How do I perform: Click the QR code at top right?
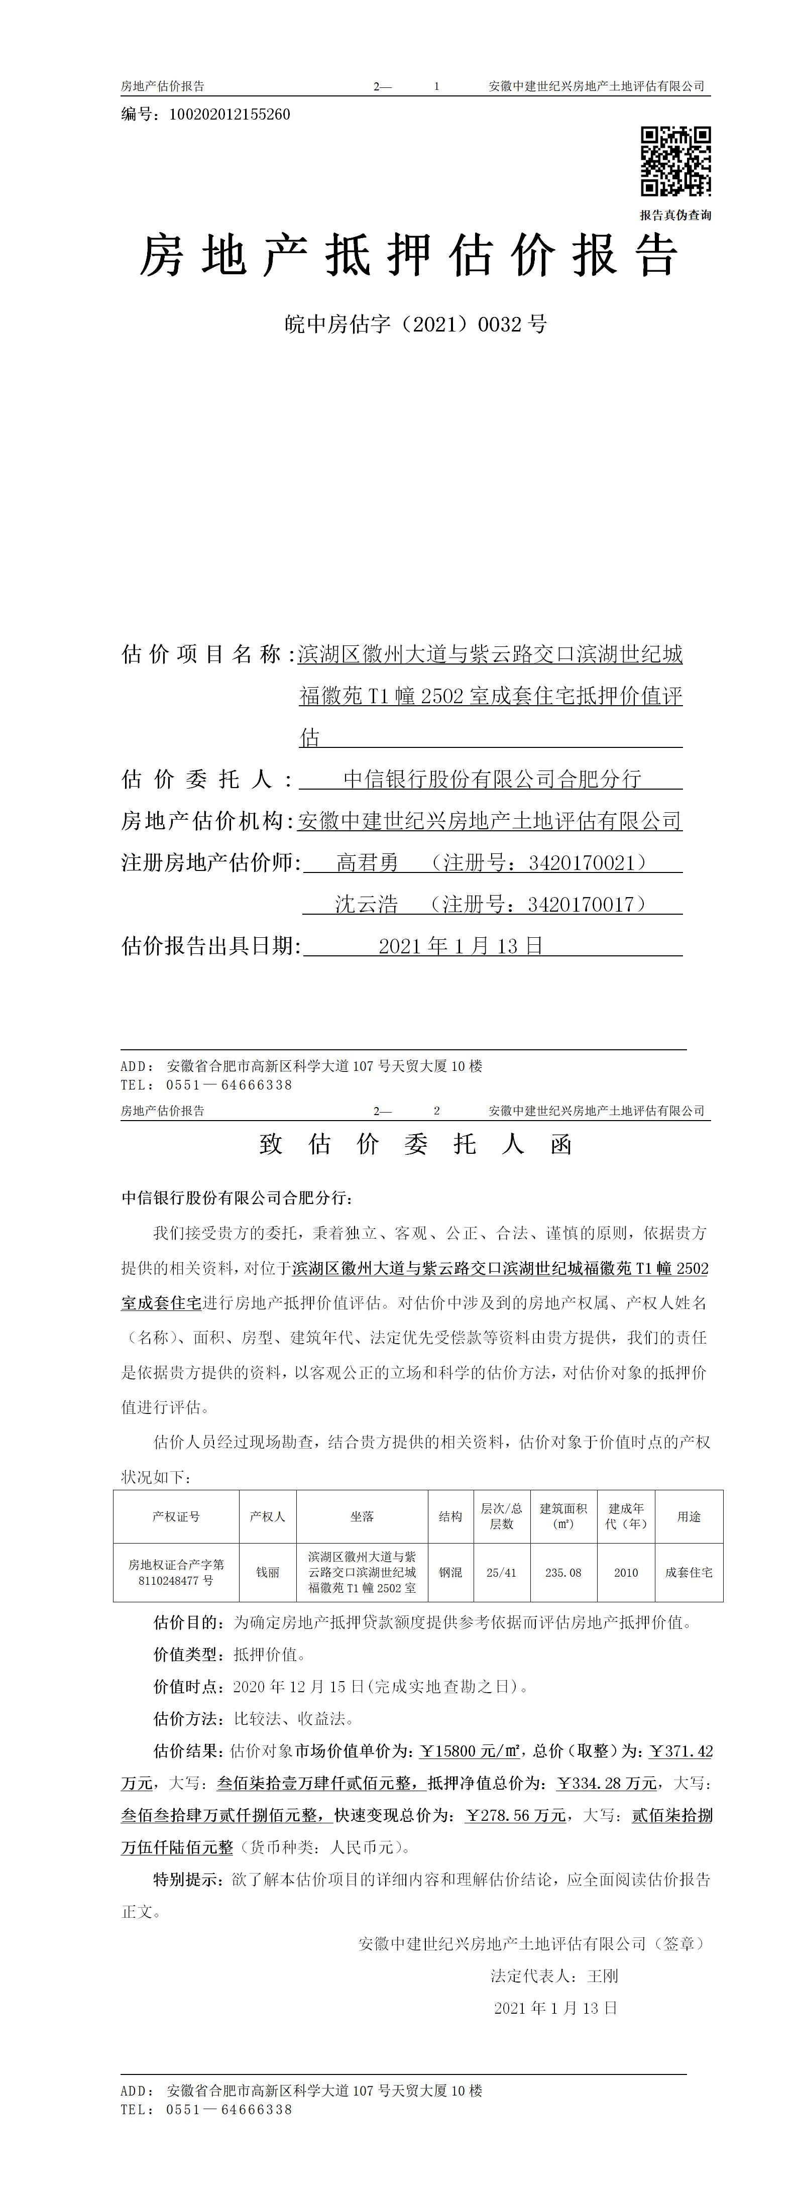pos(675,161)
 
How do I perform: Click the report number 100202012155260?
pos(230,114)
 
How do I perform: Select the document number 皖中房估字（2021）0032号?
pos(415,323)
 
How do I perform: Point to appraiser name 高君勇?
pos(367,863)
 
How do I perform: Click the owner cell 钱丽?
pos(267,1572)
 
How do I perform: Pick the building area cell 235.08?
pos(563,1572)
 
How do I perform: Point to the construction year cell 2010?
pos(626,1572)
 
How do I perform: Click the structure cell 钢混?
pos(450,1572)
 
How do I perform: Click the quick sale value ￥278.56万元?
pos(515,1815)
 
